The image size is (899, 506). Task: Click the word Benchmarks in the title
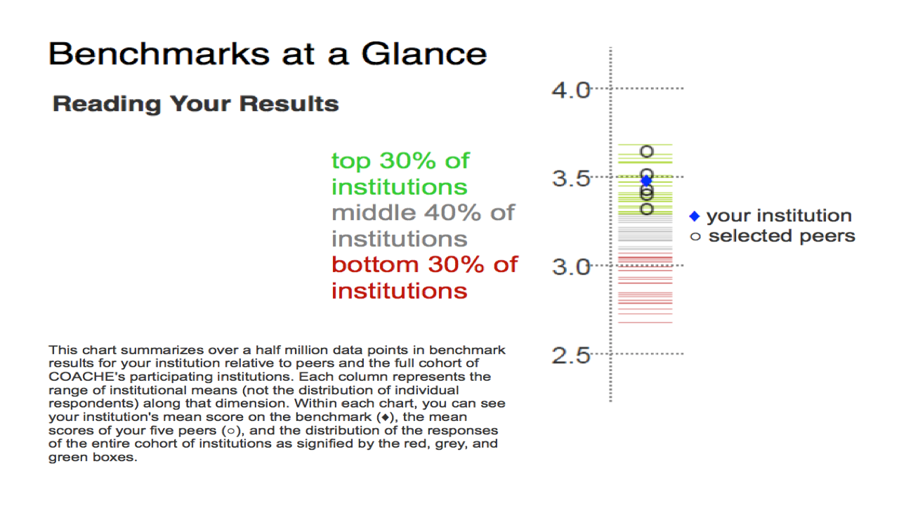(159, 54)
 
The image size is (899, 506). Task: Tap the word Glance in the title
(424, 54)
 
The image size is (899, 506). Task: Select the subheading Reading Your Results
(196, 103)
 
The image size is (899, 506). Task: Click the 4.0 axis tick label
(571, 90)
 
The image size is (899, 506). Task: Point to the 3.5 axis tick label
(571, 179)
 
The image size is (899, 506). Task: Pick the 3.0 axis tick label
(571, 266)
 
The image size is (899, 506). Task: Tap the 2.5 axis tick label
(571, 356)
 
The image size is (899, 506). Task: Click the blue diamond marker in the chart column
(646, 181)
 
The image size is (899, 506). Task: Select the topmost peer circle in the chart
(647, 151)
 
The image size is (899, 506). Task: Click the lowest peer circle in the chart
(647, 209)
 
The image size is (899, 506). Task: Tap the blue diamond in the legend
(695, 216)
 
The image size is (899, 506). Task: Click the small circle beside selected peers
(695, 237)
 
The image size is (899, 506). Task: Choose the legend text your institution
(779, 216)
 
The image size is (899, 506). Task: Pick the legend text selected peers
(782, 236)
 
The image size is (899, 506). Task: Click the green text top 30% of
(400, 161)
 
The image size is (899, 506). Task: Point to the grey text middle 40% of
(423, 213)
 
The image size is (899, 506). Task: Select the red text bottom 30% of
(425, 265)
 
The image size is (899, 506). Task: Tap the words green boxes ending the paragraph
(93, 458)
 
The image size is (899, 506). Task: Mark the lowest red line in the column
(645, 323)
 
